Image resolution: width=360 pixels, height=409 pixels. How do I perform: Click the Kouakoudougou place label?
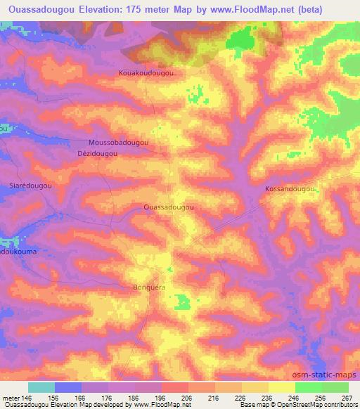click(x=146, y=72)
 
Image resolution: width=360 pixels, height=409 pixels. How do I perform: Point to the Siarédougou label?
click(x=28, y=186)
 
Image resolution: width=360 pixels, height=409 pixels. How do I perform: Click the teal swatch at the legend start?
click(x=41, y=387)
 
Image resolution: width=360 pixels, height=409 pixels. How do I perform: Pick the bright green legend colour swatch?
click(x=308, y=387)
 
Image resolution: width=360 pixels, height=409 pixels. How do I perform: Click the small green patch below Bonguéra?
click(x=182, y=302)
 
